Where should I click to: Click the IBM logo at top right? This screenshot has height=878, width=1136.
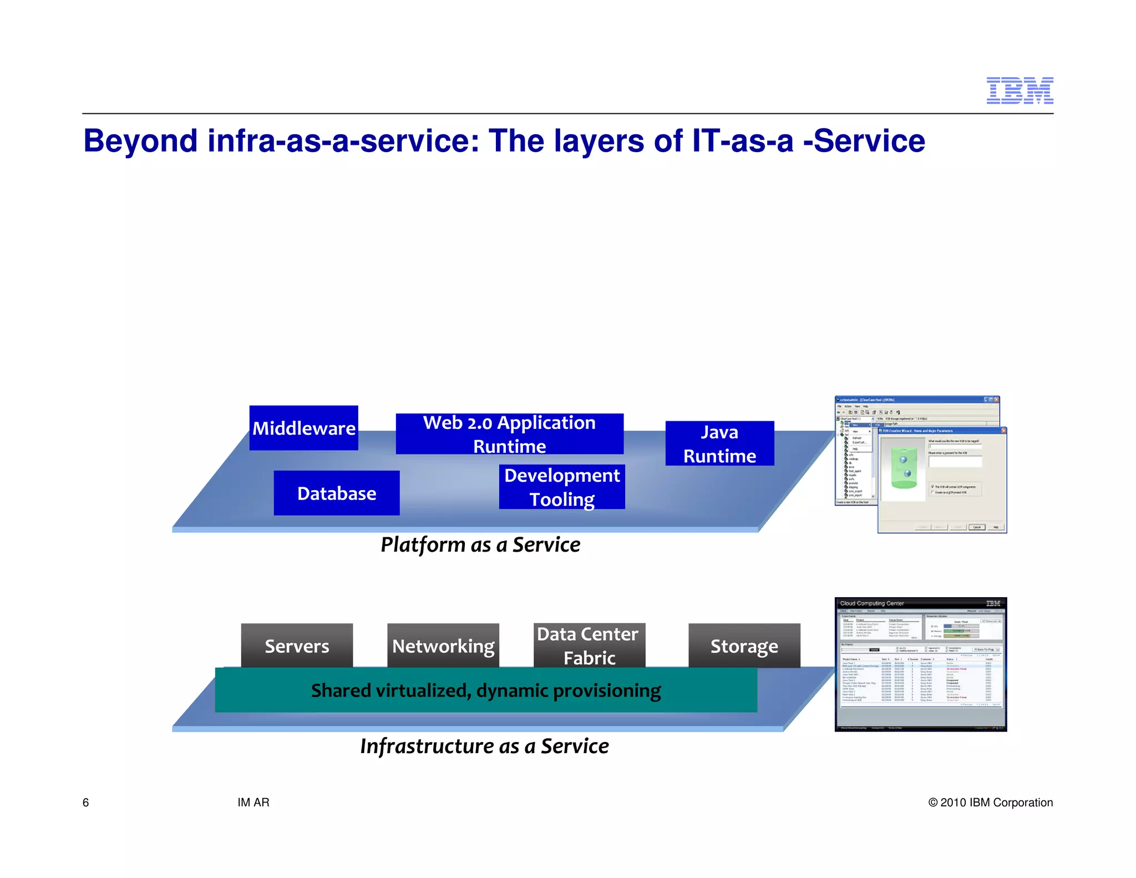point(1020,90)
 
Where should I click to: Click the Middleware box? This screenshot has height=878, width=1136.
point(303,428)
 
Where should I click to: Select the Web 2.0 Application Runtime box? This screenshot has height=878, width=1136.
point(509,434)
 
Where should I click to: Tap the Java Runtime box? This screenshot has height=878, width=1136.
point(719,443)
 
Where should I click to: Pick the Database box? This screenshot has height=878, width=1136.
point(336,493)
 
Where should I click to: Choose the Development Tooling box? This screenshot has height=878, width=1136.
point(561,487)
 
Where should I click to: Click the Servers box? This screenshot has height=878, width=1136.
point(297,645)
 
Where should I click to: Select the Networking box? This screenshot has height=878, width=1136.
point(443,645)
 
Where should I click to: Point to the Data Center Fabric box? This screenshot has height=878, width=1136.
point(589,645)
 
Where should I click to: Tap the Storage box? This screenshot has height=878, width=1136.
point(744,645)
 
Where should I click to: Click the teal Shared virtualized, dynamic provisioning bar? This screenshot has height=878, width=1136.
point(485,690)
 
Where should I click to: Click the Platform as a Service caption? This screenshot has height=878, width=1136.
point(480,544)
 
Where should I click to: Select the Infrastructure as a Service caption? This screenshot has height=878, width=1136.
point(484,746)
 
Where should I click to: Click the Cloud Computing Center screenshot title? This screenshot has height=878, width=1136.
point(871,603)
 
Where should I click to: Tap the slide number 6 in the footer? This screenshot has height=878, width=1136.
point(85,803)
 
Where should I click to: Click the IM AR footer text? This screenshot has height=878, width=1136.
point(253,803)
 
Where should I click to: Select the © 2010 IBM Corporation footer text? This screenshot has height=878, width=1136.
point(990,803)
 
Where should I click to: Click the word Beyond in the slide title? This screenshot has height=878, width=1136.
point(140,141)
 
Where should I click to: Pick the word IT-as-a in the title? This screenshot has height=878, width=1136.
point(743,141)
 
